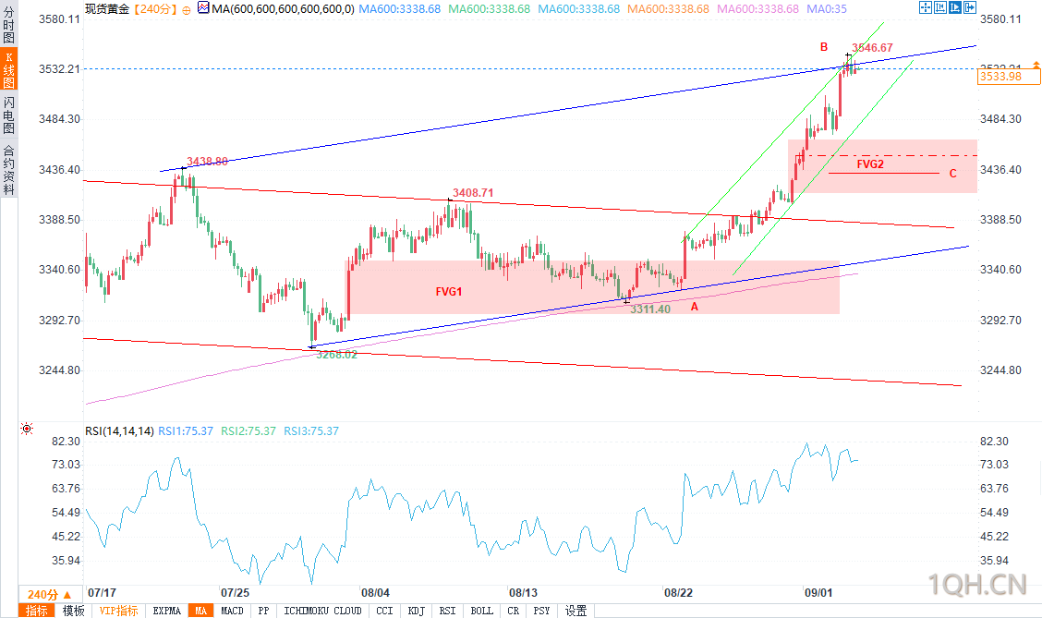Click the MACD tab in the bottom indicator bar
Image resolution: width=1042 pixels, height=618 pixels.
pos(233,611)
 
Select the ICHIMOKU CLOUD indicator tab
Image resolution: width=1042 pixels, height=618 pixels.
pos(322,611)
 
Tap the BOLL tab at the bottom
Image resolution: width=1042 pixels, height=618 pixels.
pos(481,611)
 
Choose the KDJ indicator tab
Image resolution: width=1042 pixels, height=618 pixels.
pos(417,611)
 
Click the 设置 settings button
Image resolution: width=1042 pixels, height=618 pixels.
pos(576,611)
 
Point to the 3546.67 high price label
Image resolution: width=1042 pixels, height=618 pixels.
pos(872,48)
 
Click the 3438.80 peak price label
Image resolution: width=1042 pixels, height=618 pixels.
pos(207,161)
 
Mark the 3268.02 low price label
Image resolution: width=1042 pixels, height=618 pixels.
pos(336,354)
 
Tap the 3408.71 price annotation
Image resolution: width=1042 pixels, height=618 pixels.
pos(473,193)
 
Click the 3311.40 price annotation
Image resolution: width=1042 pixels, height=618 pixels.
pos(650,309)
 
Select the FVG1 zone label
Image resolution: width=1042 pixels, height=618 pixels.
pos(449,291)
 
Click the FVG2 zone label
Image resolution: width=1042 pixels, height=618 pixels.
pos(869,164)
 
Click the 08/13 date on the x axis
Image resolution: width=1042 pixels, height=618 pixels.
pos(523,592)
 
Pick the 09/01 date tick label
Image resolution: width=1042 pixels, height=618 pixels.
pos(818,592)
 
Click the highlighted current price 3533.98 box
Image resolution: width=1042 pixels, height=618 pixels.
pos(1001,77)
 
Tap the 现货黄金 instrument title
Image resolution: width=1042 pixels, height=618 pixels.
pos(106,8)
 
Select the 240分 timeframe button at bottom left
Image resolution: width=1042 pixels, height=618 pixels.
pos(42,594)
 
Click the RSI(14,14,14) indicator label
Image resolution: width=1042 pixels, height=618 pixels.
pos(119,431)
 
